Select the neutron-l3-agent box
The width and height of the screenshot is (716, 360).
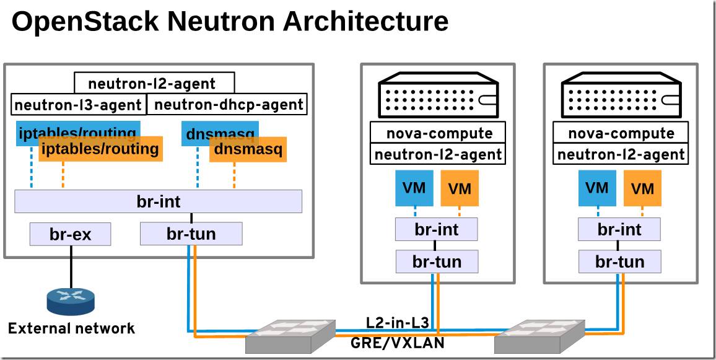pyautogui.click(x=78, y=105)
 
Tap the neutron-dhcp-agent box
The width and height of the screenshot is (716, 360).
pyautogui.click(x=229, y=105)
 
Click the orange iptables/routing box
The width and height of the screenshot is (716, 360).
pyautogui.click(x=100, y=149)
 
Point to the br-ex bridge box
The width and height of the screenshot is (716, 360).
pyautogui.click(x=70, y=234)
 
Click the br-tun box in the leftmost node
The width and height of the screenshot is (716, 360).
pyautogui.click(x=191, y=234)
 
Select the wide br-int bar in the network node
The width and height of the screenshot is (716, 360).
pyautogui.click(x=158, y=201)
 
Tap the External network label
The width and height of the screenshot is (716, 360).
pyautogui.click(x=71, y=328)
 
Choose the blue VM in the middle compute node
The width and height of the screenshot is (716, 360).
pyautogui.click(x=414, y=188)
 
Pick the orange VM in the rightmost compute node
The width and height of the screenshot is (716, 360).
pyautogui.click(x=642, y=188)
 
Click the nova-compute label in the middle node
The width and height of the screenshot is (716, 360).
pyautogui.click(x=439, y=133)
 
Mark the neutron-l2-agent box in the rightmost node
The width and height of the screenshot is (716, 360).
pyautogui.click(x=621, y=154)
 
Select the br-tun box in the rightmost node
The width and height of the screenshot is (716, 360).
pyautogui.click(x=619, y=261)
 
